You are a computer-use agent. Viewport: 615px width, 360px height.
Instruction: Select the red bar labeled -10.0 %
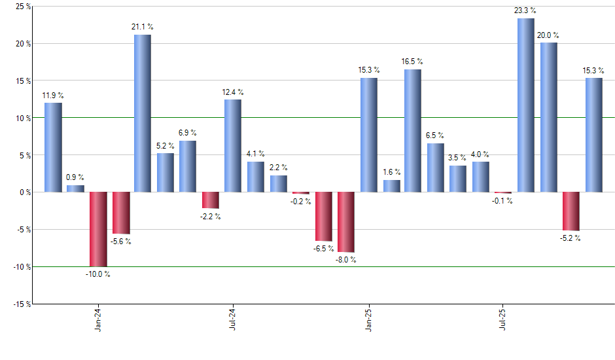click(x=97, y=229)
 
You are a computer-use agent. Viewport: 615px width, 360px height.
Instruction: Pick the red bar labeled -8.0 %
click(x=346, y=222)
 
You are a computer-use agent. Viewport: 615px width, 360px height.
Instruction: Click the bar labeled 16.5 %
click(x=412, y=130)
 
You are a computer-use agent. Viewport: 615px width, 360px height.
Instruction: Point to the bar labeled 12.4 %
click(x=233, y=145)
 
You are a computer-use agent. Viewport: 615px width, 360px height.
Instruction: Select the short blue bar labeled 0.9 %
click(x=75, y=189)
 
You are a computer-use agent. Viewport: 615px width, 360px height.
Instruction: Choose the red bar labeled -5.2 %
click(x=571, y=211)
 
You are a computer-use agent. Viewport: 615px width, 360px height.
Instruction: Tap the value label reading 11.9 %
click(x=53, y=96)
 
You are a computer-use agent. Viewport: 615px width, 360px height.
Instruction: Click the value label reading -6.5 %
click(x=323, y=249)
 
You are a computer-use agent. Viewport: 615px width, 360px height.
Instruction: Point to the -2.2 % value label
click(x=210, y=217)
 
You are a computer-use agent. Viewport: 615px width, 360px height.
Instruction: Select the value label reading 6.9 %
click(x=188, y=133)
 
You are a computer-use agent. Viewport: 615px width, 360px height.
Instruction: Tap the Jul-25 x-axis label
click(x=502, y=321)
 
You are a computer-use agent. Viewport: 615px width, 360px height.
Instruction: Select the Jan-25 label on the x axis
click(x=368, y=321)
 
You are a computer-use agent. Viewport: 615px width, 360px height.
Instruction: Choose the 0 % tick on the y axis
click(x=24, y=192)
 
